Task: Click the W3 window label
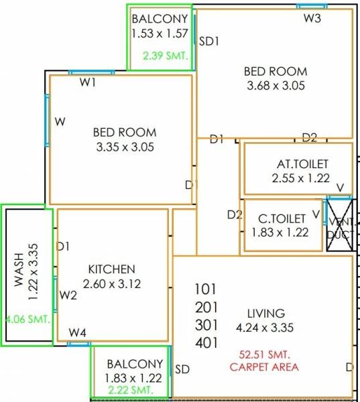tap(312, 18)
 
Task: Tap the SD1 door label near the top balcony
tap(209, 41)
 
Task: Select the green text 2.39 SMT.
tap(165, 56)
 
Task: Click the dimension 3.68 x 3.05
tap(276, 85)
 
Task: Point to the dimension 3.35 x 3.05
tap(125, 147)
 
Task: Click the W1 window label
tap(88, 82)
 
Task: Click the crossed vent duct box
tap(341, 225)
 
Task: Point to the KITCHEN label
tap(112, 269)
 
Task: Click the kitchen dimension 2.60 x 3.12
tap(112, 283)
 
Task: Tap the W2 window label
tap(68, 294)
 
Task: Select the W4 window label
tap(78, 332)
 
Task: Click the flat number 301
tap(206, 325)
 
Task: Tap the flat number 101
tap(206, 289)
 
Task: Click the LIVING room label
tap(266, 313)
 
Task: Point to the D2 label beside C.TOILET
tap(235, 215)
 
